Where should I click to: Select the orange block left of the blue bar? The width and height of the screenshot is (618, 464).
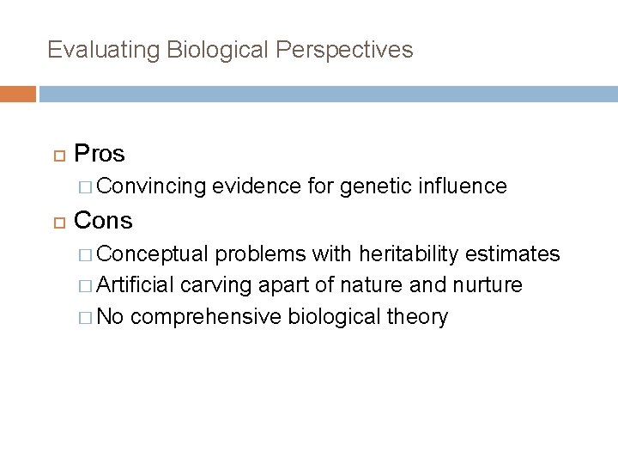coord(18,94)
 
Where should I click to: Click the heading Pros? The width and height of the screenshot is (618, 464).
coord(100,154)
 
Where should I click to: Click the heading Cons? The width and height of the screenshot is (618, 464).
coord(103,221)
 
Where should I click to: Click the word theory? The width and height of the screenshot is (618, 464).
coord(417,317)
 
